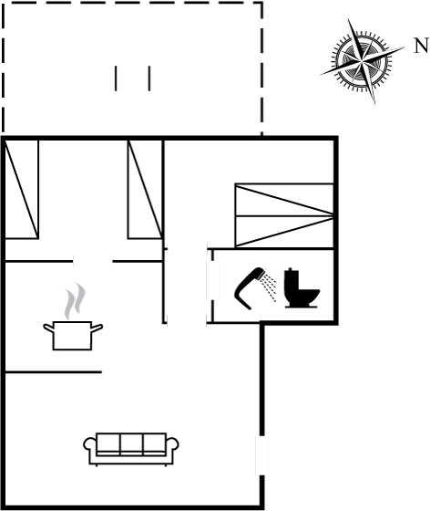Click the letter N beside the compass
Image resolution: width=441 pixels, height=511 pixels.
pos(422,46)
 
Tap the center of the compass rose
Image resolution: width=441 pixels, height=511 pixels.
pos(363,60)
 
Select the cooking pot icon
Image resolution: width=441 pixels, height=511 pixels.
pos(73,336)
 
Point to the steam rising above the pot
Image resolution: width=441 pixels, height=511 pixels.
pos(75,300)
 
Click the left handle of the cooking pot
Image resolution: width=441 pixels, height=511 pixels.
pos(48,328)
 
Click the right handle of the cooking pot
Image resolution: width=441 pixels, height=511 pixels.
pos(97,328)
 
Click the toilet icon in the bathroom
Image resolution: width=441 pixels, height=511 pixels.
pos(302,288)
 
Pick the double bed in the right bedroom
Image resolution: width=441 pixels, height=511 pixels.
pos(284,215)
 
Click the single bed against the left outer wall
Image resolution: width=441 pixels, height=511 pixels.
pos(22,190)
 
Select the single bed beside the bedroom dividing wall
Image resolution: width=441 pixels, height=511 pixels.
pos(145,190)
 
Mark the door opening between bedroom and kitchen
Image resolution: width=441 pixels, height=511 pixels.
pos(93,261)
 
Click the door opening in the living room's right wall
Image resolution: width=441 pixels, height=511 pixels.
pos(262,455)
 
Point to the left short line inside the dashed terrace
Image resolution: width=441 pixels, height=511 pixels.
pos(116,78)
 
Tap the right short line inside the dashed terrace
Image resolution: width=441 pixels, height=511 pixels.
pos(149,78)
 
